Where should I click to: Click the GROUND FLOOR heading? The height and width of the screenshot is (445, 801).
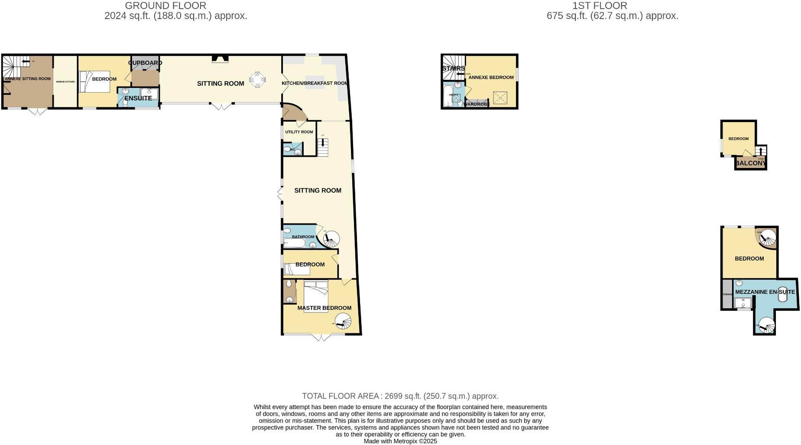[165, 6]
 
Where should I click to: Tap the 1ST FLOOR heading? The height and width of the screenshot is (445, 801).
[600, 6]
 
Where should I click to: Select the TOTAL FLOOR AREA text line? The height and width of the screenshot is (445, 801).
[400, 396]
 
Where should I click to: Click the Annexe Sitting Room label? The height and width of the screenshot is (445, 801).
[27, 79]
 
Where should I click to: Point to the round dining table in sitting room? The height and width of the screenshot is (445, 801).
[257, 80]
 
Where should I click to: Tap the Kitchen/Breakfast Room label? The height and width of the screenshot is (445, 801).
[315, 83]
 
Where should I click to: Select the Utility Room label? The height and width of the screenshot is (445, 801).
[299, 132]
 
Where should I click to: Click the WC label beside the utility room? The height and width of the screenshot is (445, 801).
[292, 150]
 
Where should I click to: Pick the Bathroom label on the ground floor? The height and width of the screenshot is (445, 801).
[303, 237]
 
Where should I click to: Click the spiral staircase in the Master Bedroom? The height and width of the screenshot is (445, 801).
[343, 322]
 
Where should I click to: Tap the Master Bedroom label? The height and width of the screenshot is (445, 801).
[324, 308]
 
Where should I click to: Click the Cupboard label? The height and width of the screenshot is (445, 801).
[145, 63]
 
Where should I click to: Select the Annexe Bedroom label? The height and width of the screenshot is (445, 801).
[491, 77]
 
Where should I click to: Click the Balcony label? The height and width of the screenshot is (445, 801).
[751, 163]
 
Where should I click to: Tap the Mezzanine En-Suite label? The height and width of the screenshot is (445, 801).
[765, 292]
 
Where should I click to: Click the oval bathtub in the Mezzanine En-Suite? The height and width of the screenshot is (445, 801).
[783, 294]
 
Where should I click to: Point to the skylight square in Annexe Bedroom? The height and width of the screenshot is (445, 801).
[500, 98]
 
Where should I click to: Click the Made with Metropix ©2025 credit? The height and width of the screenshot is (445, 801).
[400, 442]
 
